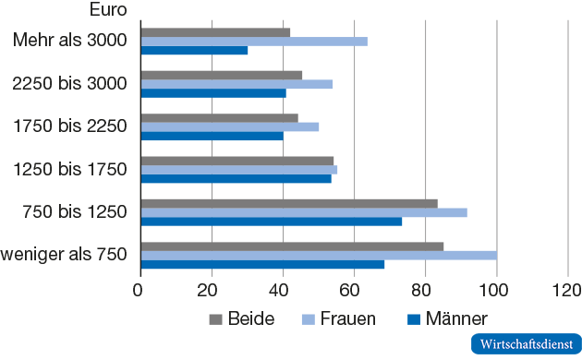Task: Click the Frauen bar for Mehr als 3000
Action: pyautogui.click(x=254, y=41)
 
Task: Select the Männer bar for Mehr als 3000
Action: pyautogui.click(x=194, y=50)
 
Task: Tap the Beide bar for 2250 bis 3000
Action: pyautogui.click(x=222, y=75)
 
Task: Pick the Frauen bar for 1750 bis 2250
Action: pyautogui.click(x=230, y=126)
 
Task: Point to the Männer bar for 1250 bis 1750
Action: pyautogui.click(x=236, y=178)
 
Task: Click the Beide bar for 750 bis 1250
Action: pyautogui.click(x=289, y=203)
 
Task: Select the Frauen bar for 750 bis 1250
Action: pyautogui.click(x=304, y=212)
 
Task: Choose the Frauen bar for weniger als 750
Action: pyautogui.click(x=319, y=255)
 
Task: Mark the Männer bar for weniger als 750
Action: pyautogui.click(x=262, y=264)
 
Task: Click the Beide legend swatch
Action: pyautogui.click(x=216, y=319)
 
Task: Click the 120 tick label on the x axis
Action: pyautogui.click(x=567, y=289)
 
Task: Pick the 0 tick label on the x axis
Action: pyautogui.click(x=140, y=289)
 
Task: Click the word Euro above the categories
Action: pyautogui.click(x=109, y=11)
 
